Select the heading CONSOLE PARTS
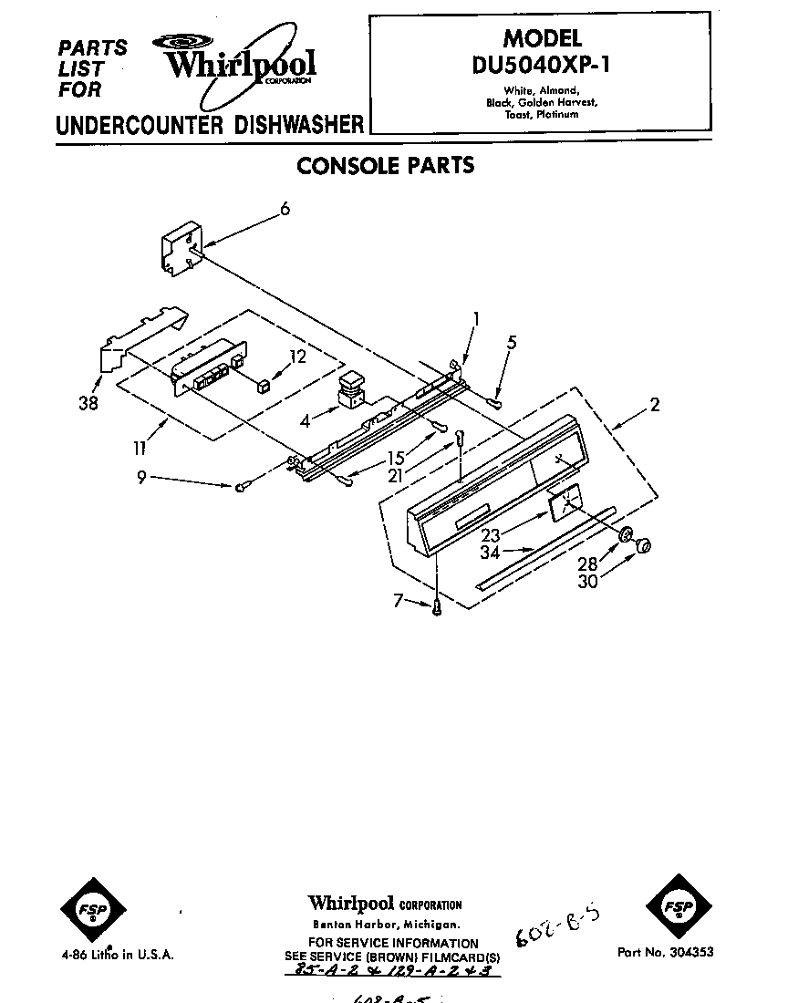pos(386,166)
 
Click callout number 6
pos(285,210)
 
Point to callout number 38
pos(88,401)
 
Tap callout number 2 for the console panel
pos(655,405)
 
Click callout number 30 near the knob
pos(587,581)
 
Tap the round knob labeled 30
pos(644,545)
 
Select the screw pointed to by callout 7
pos(439,606)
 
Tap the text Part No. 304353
pos(665,952)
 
